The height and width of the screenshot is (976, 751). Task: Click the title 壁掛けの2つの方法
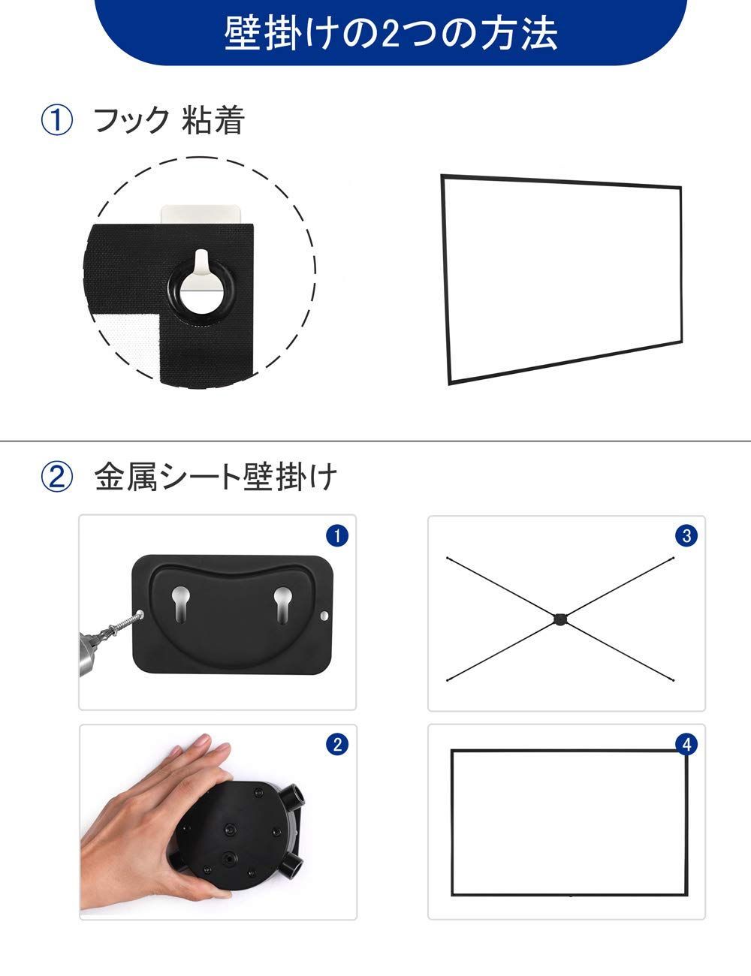391,34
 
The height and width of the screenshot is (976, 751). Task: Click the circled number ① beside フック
56,120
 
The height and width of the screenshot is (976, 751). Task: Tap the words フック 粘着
169,120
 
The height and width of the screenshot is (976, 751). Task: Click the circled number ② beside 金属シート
56,477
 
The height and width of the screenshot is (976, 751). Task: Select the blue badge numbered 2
337,744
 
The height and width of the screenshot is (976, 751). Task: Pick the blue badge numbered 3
686,535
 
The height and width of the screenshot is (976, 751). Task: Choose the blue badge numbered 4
686,744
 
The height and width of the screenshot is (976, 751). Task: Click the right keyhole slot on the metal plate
282,604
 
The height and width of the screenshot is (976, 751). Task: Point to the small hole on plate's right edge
324,616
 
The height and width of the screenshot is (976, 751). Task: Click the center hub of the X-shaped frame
560,619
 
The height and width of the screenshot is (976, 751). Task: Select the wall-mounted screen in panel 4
569,822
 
